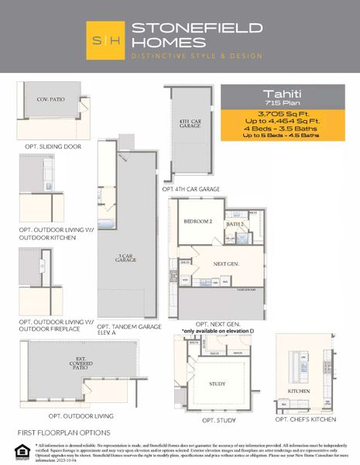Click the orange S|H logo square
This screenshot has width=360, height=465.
[107, 40]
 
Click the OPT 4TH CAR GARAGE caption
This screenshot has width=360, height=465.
[191, 189]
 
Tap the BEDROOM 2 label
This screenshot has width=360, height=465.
[198, 222]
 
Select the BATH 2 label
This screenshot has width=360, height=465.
[235, 225]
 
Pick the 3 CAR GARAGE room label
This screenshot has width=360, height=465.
[126, 259]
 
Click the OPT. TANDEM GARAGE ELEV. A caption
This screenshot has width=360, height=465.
[129, 330]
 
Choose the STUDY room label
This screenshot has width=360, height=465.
[218, 384]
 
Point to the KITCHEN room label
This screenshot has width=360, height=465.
[299, 392]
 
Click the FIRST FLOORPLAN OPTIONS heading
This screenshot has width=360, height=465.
[63, 432]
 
